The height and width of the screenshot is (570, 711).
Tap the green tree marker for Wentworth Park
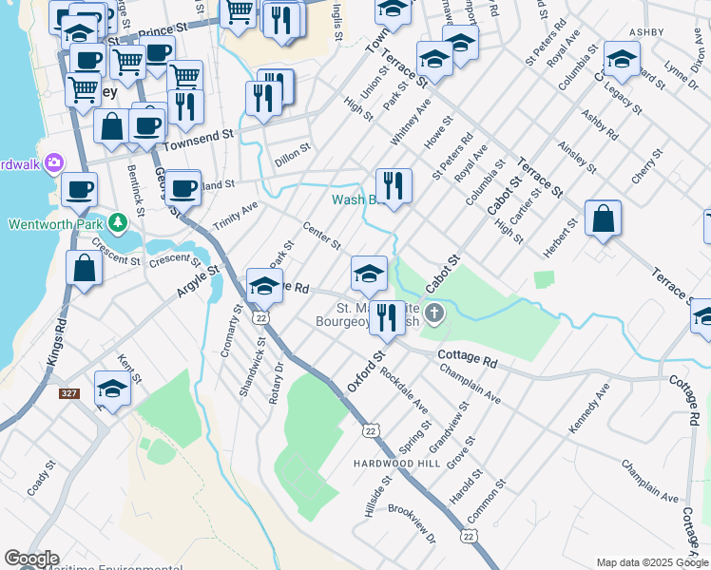coord(117,223)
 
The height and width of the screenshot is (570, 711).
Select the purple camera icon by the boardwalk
coord(54,162)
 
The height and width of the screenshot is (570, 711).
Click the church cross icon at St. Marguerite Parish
coord(435,313)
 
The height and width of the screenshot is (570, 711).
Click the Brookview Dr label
coord(412,522)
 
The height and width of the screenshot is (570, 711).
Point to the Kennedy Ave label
coord(588,409)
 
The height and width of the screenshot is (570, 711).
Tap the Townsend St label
coord(198,138)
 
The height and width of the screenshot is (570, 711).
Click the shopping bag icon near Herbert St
coord(603,218)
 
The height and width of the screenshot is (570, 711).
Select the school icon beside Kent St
coord(112,389)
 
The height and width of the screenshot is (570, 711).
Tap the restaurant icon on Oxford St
coord(386,317)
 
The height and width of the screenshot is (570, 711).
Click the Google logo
coord(31,559)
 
